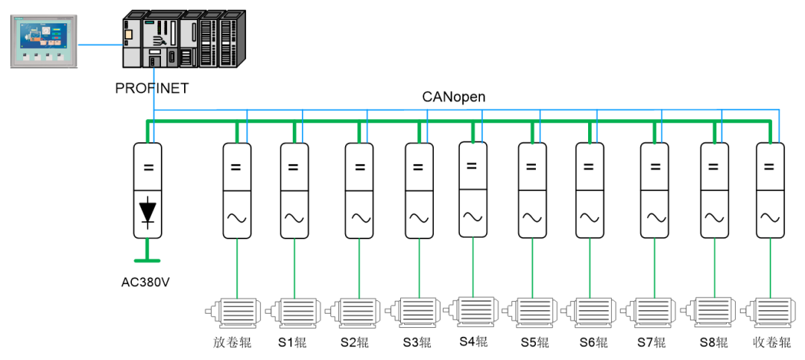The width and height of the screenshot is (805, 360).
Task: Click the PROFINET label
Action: tap(152, 89)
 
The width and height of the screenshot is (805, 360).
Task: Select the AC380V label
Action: tap(148, 282)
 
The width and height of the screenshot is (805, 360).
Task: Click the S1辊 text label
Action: tap(293, 344)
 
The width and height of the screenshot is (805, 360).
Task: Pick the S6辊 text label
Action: tap(593, 344)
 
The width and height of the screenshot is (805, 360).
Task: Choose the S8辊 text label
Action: tap(713, 344)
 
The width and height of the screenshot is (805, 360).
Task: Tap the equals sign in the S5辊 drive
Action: tap(531, 167)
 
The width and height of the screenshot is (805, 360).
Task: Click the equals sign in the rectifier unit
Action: tap(148, 167)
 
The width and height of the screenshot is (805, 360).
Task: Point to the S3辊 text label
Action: tap(417, 344)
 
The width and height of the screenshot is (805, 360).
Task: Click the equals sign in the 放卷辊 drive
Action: tap(236, 167)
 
